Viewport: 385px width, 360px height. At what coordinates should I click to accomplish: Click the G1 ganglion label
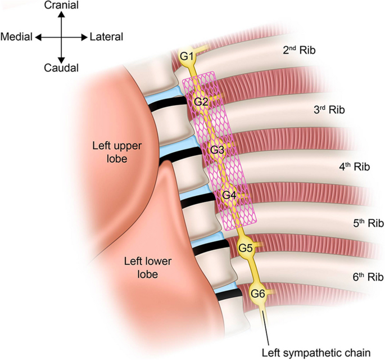[x=187, y=56]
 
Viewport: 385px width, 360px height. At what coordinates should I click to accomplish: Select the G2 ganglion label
[x=201, y=102]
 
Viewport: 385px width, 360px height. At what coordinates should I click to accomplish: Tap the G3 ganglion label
[x=217, y=150]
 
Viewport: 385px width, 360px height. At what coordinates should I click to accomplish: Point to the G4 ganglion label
[x=229, y=195]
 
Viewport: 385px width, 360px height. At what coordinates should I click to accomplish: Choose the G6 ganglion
[x=258, y=293]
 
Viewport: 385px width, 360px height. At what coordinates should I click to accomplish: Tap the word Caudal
[x=61, y=68]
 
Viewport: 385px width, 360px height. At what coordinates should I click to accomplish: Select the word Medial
[x=17, y=37]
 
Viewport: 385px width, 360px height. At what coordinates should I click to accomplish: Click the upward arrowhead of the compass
[x=61, y=15]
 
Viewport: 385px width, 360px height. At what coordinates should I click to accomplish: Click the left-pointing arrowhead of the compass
[x=38, y=37]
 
